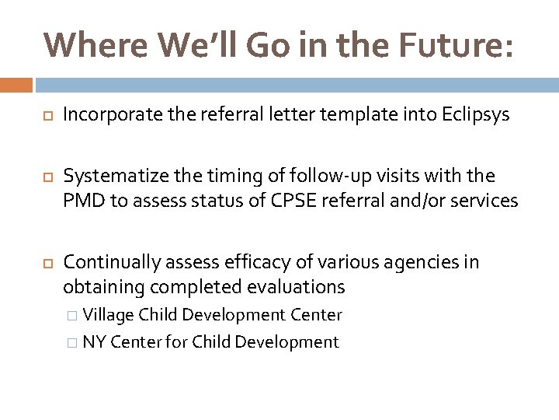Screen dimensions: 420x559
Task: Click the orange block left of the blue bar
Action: (16, 85)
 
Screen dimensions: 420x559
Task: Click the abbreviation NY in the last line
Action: (95, 342)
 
